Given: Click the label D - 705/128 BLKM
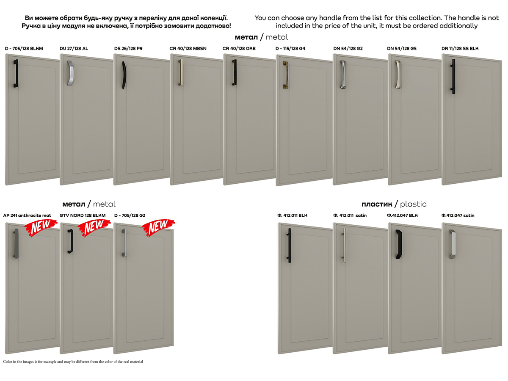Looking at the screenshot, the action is [x=24, y=49].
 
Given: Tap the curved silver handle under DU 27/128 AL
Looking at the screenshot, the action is [x=70, y=73].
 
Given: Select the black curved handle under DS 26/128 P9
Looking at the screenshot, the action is [x=124, y=75].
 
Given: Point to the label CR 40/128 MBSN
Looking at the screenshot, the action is [x=188, y=49].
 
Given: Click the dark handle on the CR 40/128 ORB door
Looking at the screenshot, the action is [x=235, y=72].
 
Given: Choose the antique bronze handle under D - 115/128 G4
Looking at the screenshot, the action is [x=285, y=75].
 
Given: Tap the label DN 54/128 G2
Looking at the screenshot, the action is [x=348, y=49].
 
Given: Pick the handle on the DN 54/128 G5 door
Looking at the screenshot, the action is [x=398, y=75].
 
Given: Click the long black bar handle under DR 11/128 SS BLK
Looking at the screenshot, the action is [x=453, y=77].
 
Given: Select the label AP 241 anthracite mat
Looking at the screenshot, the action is [x=27, y=215].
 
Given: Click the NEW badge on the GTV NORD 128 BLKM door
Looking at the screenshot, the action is [x=94, y=227].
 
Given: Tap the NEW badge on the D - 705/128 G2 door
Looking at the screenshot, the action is [x=158, y=227].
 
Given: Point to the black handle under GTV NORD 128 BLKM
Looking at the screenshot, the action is [x=70, y=241].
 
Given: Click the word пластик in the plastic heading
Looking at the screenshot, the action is [x=377, y=204].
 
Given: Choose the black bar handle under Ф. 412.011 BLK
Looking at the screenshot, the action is [x=289, y=245].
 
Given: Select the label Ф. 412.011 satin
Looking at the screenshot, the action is [x=350, y=215].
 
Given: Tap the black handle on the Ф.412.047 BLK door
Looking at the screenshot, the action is [x=398, y=244].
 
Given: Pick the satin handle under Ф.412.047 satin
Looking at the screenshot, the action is [x=453, y=244].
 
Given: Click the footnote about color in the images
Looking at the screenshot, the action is [x=73, y=362].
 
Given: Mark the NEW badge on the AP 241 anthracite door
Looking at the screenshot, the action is [x=41, y=228].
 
